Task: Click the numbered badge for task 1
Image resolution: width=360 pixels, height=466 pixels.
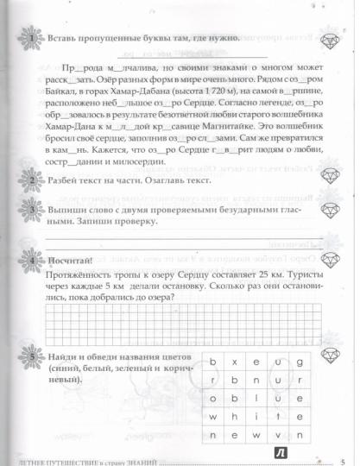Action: [32, 41]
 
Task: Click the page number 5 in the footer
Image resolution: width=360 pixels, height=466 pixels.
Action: [342, 460]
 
